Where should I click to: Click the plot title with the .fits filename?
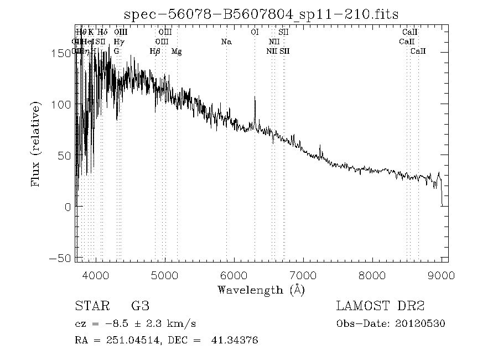(x=261, y=14)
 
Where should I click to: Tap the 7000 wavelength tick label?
(x=303, y=275)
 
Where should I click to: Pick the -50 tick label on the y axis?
(x=62, y=258)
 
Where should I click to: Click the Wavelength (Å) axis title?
(x=261, y=290)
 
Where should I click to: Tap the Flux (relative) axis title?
(x=37, y=144)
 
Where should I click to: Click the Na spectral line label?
(x=226, y=42)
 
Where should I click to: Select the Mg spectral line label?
(x=177, y=52)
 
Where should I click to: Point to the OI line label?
(x=255, y=33)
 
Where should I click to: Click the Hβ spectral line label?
(x=155, y=52)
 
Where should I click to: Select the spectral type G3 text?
(x=139, y=306)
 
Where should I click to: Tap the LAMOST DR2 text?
(x=380, y=306)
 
